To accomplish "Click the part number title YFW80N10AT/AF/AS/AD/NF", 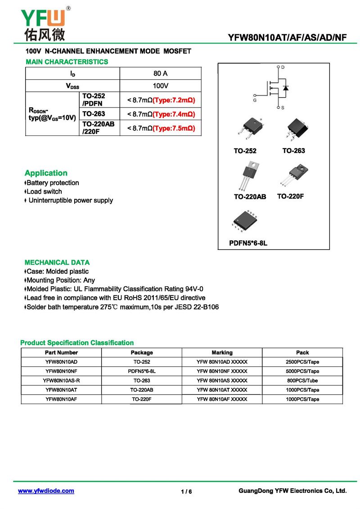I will [288, 38].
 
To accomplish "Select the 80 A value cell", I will [161, 73].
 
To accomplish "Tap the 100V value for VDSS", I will [161, 86].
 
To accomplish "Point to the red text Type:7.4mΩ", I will [174, 114].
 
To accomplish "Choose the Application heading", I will [46, 173].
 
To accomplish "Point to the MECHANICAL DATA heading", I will [57, 262].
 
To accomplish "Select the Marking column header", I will [222, 353].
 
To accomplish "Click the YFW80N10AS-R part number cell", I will [61, 381].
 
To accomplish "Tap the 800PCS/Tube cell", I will [302, 381].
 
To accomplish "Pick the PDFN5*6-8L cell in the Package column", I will [142, 371].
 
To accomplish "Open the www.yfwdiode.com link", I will [46, 491].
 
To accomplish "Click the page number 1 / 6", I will [186, 491].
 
